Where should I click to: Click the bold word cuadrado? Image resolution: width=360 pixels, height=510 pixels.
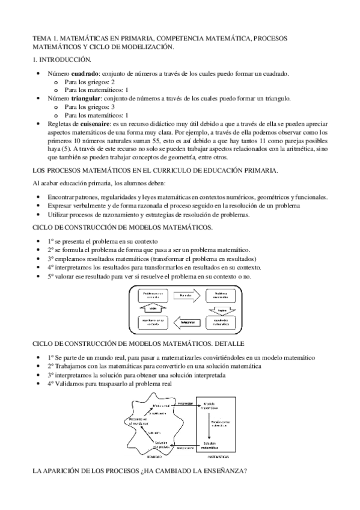click(85, 73)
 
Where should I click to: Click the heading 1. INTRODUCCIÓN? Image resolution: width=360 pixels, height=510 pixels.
click(61, 60)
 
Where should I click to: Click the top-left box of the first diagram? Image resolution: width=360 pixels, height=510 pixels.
click(153, 295)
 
